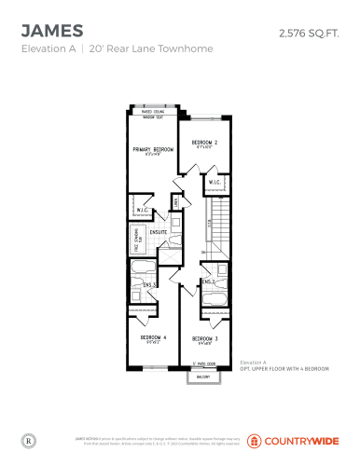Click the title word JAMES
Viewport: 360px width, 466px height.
click(x=51, y=32)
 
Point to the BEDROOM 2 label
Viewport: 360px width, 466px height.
click(x=204, y=142)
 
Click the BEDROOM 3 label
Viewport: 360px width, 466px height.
click(x=204, y=338)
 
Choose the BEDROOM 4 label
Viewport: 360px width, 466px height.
click(x=153, y=336)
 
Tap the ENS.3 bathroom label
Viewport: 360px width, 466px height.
click(x=149, y=285)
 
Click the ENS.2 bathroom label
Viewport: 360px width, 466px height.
click(x=208, y=281)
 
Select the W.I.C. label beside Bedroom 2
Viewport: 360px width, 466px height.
click(x=214, y=182)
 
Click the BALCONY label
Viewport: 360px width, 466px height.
click(x=203, y=377)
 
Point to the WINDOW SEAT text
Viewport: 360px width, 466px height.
click(x=155, y=118)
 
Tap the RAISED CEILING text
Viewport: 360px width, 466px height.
click(x=155, y=112)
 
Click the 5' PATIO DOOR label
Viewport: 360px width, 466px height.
click(x=203, y=363)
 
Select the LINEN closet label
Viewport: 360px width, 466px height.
click(x=174, y=203)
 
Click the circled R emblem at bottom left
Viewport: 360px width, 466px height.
click(x=28, y=438)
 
